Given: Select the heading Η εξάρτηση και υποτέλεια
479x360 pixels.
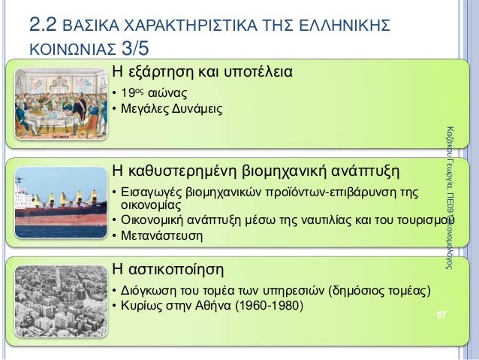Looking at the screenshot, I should (x=202, y=72).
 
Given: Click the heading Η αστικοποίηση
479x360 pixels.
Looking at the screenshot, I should (x=167, y=268).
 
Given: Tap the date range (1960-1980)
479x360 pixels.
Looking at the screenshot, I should (x=267, y=306).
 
